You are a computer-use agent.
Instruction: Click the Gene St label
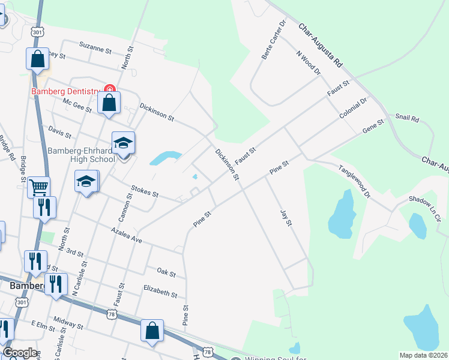(372, 130)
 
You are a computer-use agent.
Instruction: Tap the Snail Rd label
(406, 118)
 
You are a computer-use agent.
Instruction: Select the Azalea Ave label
(126, 235)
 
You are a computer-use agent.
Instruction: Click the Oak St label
(166, 274)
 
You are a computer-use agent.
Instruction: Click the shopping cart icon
(38, 187)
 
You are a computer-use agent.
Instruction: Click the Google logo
(20, 353)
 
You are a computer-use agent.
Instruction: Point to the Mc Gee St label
(77, 106)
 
